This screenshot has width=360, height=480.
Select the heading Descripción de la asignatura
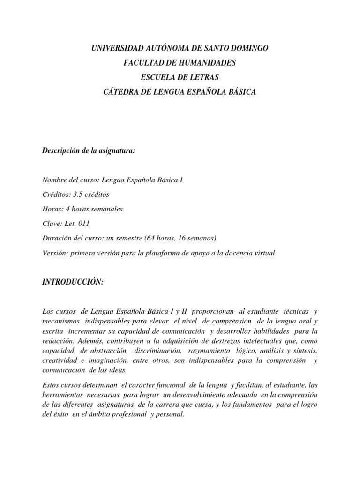[89, 150]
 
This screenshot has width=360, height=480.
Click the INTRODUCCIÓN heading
[72, 283]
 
